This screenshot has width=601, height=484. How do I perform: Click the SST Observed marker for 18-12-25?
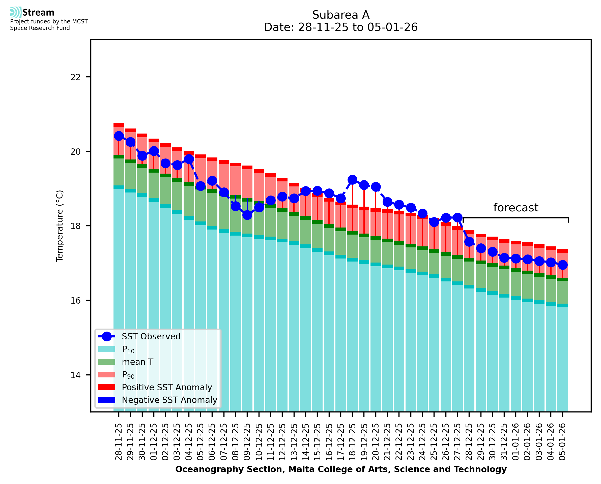click(x=352, y=180)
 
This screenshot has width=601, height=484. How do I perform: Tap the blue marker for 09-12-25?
click(x=247, y=215)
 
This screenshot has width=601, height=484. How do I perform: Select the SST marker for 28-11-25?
click(x=119, y=136)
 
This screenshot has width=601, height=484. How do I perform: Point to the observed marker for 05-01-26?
click(x=562, y=265)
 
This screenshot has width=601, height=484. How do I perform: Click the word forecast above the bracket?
click(x=516, y=208)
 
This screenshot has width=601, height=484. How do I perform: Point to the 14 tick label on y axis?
click(x=75, y=375)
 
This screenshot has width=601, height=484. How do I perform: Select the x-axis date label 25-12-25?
click(x=434, y=442)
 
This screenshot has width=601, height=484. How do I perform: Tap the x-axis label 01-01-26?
click(x=516, y=442)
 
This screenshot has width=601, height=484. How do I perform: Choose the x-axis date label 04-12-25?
click(x=189, y=442)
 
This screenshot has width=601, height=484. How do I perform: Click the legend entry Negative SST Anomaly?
click(x=169, y=400)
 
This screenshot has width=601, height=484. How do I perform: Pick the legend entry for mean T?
click(x=137, y=362)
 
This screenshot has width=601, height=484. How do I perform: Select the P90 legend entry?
click(x=128, y=375)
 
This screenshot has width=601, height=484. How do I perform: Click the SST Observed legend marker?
click(x=107, y=337)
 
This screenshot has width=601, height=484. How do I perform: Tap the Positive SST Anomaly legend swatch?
click(x=107, y=387)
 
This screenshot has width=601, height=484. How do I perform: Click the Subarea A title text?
click(x=341, y=15)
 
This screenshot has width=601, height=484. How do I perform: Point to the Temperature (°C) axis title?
click(x=60, y=226)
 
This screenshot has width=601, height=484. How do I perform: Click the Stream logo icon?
click(x=16, y=12)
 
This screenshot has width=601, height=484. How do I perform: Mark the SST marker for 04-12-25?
click(x=189, y=159)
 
